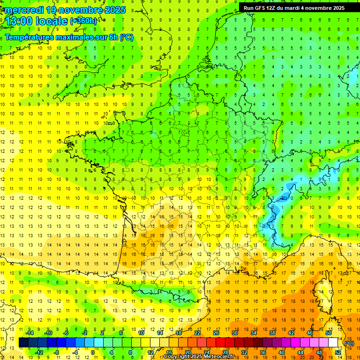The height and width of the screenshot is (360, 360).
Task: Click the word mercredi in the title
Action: (x=24, y=10)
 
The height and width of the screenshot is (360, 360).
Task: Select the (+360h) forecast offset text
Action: (x=83, y=21)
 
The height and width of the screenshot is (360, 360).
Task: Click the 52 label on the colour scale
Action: (x=338, y=352)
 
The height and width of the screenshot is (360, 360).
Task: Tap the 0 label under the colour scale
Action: (x=93, y=352)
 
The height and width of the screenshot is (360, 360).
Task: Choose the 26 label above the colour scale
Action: (x=216, y=333)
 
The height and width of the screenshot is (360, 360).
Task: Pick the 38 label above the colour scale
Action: (x=272, y=333)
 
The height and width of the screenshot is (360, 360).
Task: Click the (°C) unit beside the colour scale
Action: (x=349, y=343)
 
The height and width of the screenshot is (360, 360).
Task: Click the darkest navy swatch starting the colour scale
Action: (x=23, y=343)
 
